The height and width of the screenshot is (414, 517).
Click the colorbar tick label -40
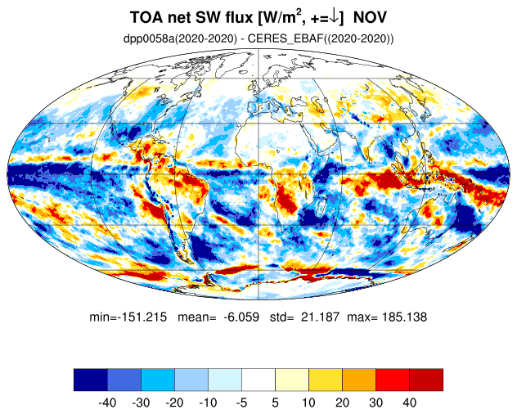tap(107, 403)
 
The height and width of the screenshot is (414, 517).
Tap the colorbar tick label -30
tap(141, 403)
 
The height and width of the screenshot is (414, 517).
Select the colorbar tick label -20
tap(174, 403)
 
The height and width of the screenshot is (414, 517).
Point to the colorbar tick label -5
tap(241, 403)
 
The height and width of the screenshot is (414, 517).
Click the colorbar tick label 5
tap(276, 403)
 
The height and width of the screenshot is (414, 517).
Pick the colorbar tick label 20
tap(342, 403)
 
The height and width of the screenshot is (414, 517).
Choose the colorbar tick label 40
tap(409, 403)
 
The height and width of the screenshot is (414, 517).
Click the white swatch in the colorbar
tap(258, 380)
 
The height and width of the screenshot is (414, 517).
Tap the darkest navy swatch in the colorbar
tap(91, 380)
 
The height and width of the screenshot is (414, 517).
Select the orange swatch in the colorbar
tap(359, 380)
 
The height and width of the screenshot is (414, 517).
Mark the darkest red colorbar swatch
tap(426, 380)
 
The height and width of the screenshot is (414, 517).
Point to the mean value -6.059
tap(241, 317)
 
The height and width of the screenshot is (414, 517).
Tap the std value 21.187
tap(320, 317)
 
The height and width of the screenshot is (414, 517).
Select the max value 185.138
tap(404, 317)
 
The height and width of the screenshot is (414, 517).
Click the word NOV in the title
tap(370, 17)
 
